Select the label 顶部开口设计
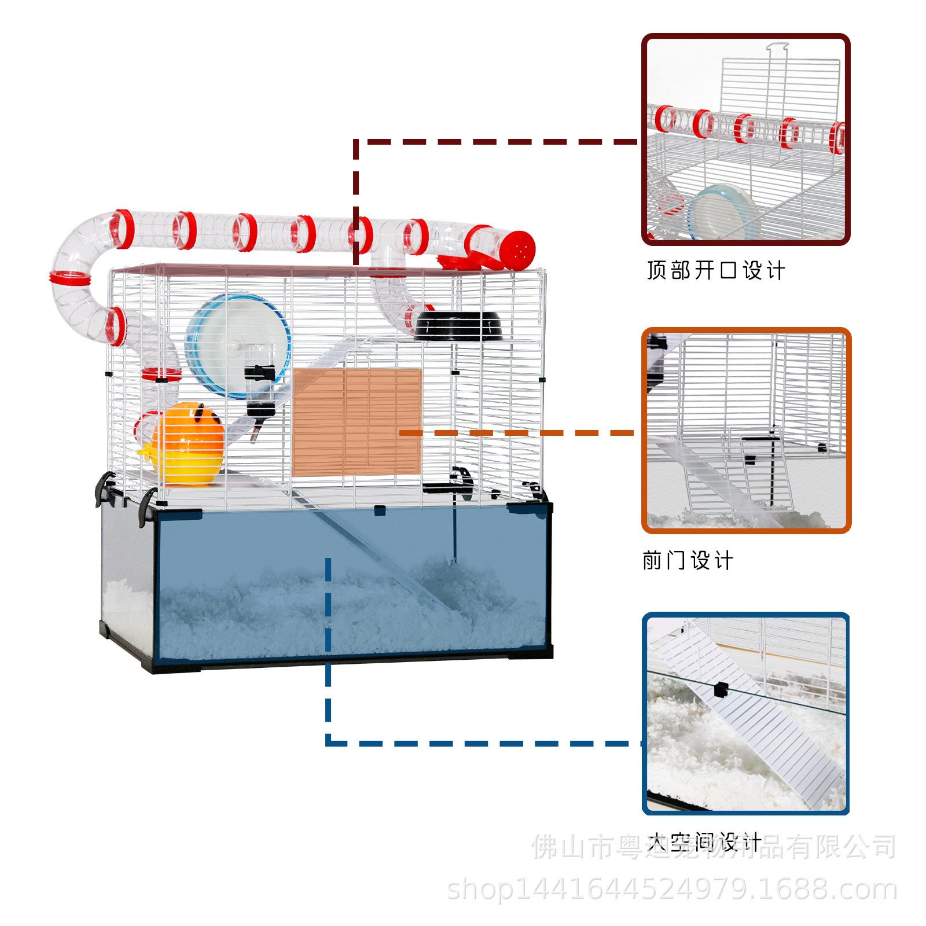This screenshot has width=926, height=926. (715, 270)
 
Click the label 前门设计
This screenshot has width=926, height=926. (688, 560)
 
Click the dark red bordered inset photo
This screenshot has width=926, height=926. (745, 139)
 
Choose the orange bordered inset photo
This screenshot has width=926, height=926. (746, 430)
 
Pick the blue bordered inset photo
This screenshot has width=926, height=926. (745, 714)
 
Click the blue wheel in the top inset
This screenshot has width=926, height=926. (721, 212)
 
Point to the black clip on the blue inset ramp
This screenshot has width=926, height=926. (721, 689)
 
